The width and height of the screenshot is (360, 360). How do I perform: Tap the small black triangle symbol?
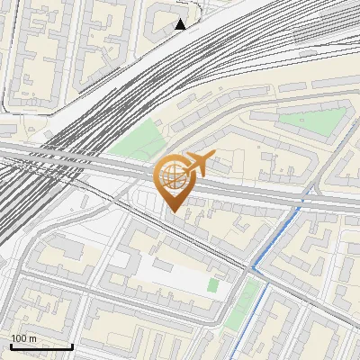coord(180,24)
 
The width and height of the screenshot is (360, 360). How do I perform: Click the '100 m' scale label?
coord(23,337)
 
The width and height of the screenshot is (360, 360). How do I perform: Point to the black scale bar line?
coord(40,346)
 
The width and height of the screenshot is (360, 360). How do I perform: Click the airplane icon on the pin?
coord(198,163)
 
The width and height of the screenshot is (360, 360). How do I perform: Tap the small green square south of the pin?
coord(213,285)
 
